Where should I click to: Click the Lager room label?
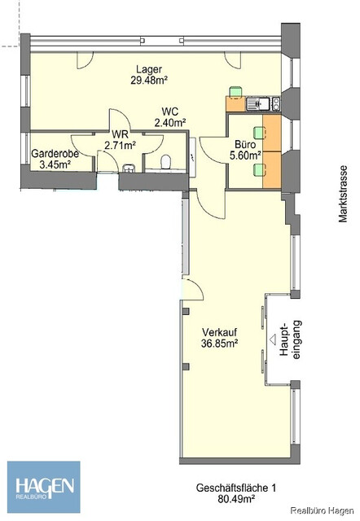coord(149,70)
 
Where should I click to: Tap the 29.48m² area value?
coord(149,81)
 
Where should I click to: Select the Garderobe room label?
coord(55,154)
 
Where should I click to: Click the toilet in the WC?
coord(165,163)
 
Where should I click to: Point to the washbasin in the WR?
coord(129,169)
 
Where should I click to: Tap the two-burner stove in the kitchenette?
coord(276,104)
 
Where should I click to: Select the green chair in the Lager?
coord(235,91)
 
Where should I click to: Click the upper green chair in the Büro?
coord(260,133)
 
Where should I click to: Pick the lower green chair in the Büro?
coord(260,170)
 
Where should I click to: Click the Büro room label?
coord(245,145)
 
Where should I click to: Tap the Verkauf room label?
coord(219,332)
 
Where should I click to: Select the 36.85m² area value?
coord(219,344)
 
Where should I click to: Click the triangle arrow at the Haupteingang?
coord(273,339)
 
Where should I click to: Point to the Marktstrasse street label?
coord(343,194)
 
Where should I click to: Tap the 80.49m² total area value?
coord(236,499)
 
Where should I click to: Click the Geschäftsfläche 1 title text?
coord(236,488)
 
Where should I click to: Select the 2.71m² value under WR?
coord(120,145)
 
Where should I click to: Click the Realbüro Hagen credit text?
coord(322,510)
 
